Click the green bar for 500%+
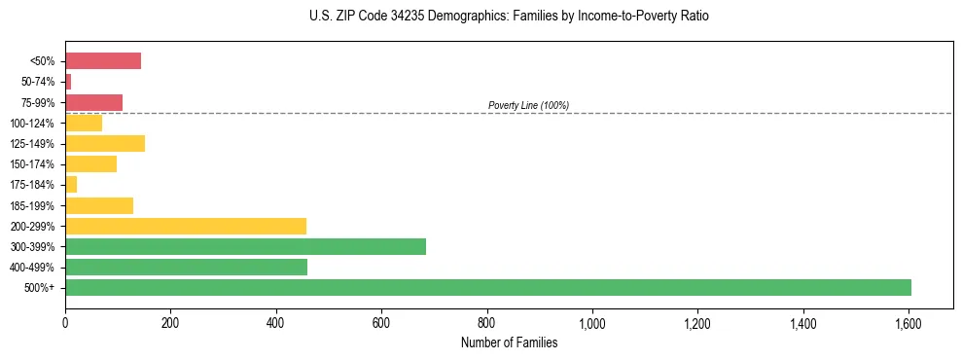pos(487,287)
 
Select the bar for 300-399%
pos(245,246)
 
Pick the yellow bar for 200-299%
pos(185,226)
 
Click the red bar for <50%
pos(102,61)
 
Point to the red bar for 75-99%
pos(93,102)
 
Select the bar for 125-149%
pos(104,144)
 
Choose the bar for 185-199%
pos(98,205)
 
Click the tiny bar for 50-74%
pos(68,82)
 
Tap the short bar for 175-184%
pos(71,185)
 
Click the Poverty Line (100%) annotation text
pos(528,105)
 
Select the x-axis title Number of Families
pos(509,342)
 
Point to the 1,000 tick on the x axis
pos(592,322)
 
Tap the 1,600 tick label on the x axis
pos(909,322)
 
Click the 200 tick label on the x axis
pos(170,322)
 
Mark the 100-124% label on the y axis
pos(33,124)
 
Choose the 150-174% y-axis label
pos(33,164)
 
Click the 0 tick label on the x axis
pos(65,322)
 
